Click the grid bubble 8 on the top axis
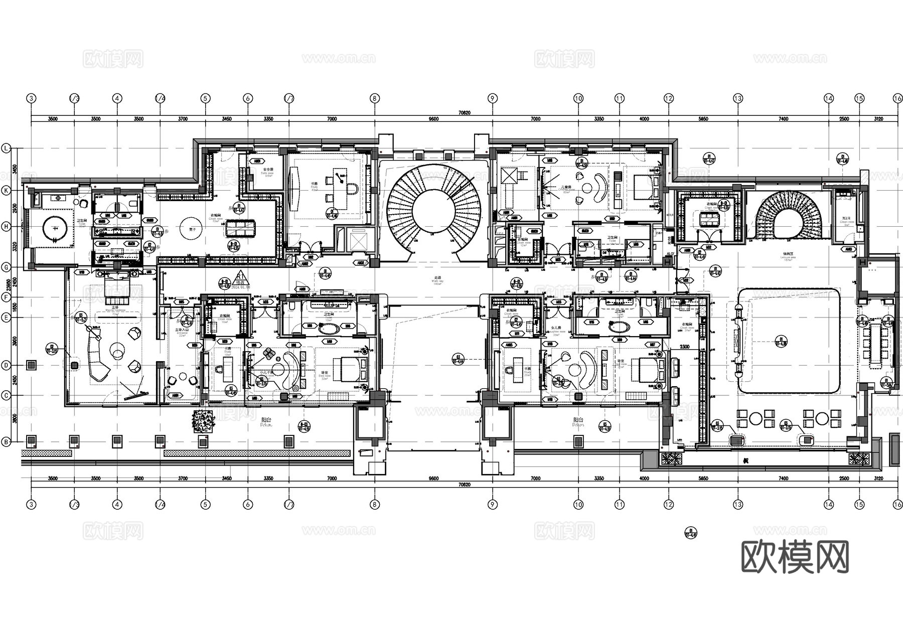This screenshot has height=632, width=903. [x=374, y=99]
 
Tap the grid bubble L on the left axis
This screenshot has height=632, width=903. [x=7, y=149]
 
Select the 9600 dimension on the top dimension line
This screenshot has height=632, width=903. [x=433, y=119]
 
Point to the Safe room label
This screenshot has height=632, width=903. [x=268, y=170]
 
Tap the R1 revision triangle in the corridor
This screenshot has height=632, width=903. [x=241, y=277]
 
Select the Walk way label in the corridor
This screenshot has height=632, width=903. [x=437, y=281]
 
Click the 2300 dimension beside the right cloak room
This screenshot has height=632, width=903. [x=685, y=347]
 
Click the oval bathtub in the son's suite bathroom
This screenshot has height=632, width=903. [x=329, y=330]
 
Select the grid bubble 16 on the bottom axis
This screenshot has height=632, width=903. [x=897, y=505]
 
